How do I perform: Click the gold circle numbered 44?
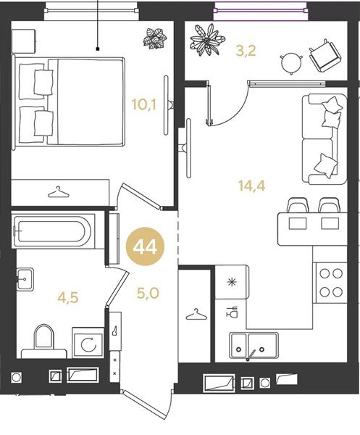coord(145,246)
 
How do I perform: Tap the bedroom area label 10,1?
coord(144,105)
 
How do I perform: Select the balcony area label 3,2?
coord(246,51)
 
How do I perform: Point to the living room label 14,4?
coord(251,186)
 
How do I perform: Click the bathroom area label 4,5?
coord(68,298)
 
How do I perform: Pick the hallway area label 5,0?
coord(148,293)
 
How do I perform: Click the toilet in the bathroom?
coord(43,341)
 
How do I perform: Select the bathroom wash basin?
coord(25,279)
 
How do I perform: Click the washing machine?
coord(88,343)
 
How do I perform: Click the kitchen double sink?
coord(254,345)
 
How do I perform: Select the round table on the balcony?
coord(291,63)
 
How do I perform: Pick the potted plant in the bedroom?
coord(155,39)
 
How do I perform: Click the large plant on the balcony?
coord(206,40)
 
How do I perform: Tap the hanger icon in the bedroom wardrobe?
coord(58,192)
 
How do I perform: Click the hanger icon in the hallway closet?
coord(196,315)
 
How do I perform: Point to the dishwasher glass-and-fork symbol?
coord(232,312)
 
